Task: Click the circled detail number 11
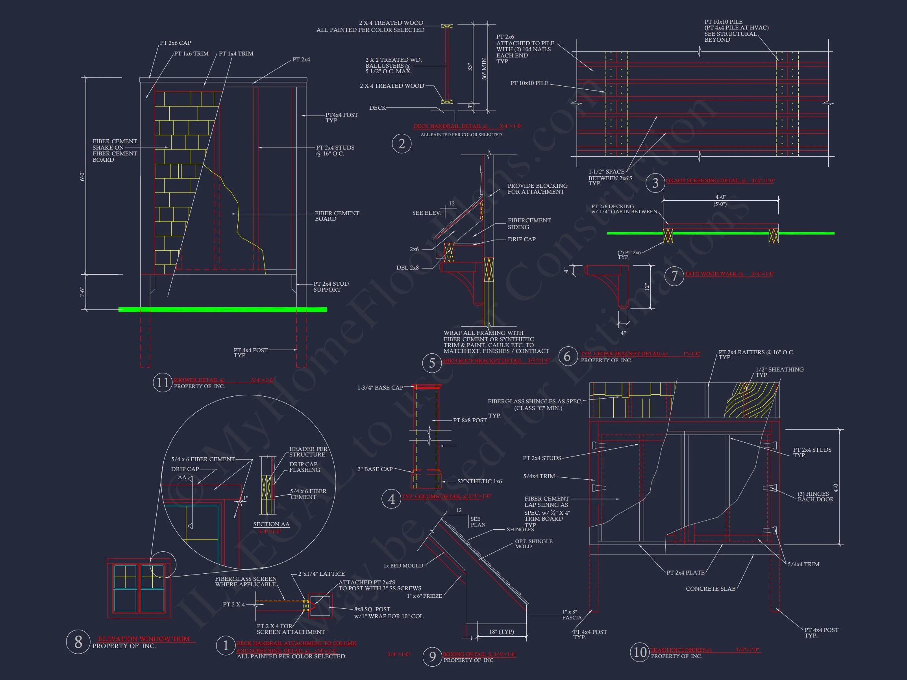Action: tap(162, 382)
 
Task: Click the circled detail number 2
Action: tap(402, 144)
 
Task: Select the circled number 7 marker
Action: tap(674, 276)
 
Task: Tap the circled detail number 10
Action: tap(640, 652)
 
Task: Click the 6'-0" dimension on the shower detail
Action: tap(82, 176)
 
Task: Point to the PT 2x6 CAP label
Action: tap(175, 43)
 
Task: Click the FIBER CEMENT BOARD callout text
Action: tap(337, 216)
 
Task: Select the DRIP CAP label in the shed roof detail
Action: tap(521, 239)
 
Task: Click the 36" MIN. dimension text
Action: tap(484, 68)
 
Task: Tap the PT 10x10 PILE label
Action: tap(529, 83)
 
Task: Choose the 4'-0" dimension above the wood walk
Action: tap(720, 197)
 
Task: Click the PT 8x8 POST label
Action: tap(470, 421)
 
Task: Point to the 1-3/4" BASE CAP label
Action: tap(380, 388)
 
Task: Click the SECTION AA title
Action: tap(271, 524)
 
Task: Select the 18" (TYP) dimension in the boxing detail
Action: tap(501, 632)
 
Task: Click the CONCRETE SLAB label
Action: tap(710, 589)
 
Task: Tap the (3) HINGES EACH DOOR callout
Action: tap(815, 497)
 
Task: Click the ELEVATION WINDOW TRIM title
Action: tap(144, 639)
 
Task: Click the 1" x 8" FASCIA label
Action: tap(572, 615)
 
